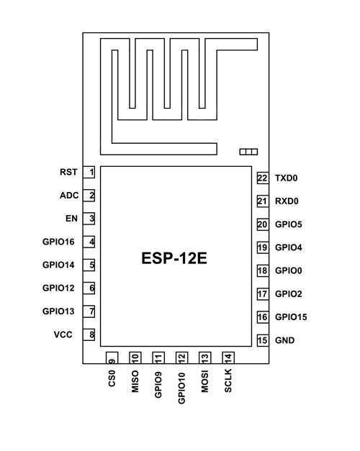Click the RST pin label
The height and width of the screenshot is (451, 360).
pos(68,173)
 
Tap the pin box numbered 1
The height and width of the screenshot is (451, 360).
pos(91,173)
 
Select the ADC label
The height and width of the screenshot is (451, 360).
pos(69,196)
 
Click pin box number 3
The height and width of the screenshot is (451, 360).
pos(91,219)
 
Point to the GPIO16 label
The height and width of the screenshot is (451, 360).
pos(59,242)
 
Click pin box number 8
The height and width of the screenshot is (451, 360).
pos(91,334)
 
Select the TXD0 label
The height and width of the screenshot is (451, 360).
pos(286,178)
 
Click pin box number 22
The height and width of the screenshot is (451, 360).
pos(262,178)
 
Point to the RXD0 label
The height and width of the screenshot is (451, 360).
pos(287,201)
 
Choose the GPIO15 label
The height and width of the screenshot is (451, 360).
pos(291,317)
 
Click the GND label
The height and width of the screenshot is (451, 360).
pos(284,340)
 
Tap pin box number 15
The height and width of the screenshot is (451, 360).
pos(262,340)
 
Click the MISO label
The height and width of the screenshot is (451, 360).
pos(135,381)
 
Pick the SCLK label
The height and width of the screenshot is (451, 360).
pos(228,381)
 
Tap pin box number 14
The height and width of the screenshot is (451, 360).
pos(228,357)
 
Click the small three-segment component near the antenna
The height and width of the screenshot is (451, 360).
pos(248,152)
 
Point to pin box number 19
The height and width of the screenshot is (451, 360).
pos(262,247)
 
